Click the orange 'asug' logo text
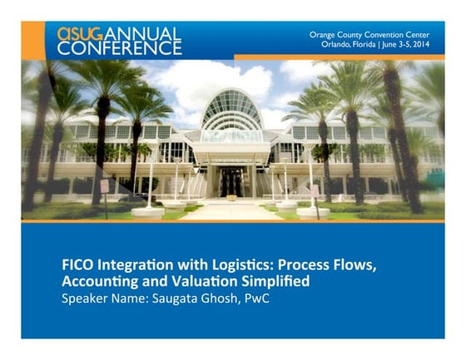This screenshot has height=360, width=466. pyautogui.click(x=80, y=34)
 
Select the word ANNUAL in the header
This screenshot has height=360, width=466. pyautogui.click(x=142, y=34)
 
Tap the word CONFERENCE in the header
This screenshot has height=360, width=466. pyautogui.click(x=120, y=48)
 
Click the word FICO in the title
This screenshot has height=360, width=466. pyautogui.click(x=77, y=264)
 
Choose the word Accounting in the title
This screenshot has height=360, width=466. pyautogui.click(x=100, y=282)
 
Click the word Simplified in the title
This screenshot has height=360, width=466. pyautogui.click(x=275, y=282)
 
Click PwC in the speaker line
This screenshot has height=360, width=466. pyautogui.click(x=257, y=298)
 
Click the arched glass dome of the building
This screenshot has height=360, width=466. pyautogui.click(x=232, y=109)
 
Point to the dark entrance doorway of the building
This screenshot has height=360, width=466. pyautogui.click(x=232, y=182)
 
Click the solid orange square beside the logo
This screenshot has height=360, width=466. pyautogui.click(x=33, y=41)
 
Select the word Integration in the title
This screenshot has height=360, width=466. pyautogui.click(x=135, y=265)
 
